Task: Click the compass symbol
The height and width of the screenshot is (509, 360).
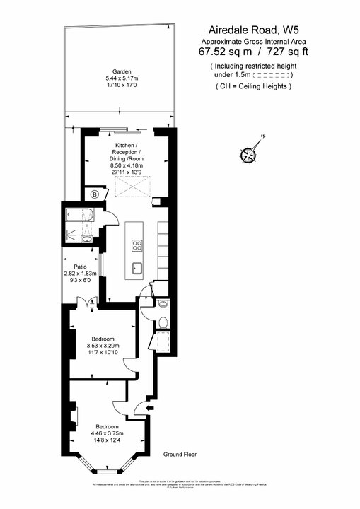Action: coord(249,153)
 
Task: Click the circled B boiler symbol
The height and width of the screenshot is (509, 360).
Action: coord(95,194)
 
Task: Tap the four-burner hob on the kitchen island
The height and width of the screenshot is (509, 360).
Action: coord(137,245)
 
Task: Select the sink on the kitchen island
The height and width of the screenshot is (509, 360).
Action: coord(137,268)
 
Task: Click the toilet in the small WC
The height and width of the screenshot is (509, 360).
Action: coord(163,322)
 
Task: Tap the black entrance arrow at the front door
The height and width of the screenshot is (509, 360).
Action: coord(148,406)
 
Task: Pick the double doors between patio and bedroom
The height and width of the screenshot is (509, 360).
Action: coord(85,302)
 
